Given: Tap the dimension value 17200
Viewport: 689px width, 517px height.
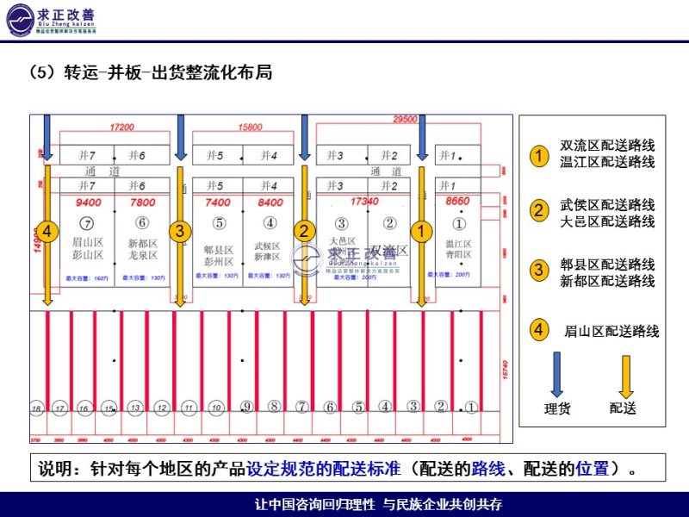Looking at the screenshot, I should [x=122, y=128].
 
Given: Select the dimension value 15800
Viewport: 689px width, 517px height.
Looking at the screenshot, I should [x=251, y=128].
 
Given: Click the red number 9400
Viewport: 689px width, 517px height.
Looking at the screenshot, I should [x=88, y=202].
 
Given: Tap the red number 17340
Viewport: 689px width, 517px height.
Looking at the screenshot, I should [x=365, y=201].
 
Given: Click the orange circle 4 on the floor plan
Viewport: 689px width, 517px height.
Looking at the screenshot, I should [x=47, y=231].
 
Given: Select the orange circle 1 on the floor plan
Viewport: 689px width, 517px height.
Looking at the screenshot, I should [x=420, y=231].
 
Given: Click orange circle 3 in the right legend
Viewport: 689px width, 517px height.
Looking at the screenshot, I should [x=538, y=270].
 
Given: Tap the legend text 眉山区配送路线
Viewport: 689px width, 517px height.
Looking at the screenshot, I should [x=611, y=330].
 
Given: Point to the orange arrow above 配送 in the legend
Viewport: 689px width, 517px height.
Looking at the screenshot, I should [x=626, y=374].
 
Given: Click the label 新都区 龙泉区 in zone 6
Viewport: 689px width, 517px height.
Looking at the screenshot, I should [x=142, y=250].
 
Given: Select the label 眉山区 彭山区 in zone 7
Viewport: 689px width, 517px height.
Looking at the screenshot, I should [x=88, y=250].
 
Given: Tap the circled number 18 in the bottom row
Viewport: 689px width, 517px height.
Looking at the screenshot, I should [x=36, y=408].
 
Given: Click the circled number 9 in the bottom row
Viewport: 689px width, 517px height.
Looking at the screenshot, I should [x=246, y=407].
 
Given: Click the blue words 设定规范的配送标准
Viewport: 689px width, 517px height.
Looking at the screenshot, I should [x=324, y=470].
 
